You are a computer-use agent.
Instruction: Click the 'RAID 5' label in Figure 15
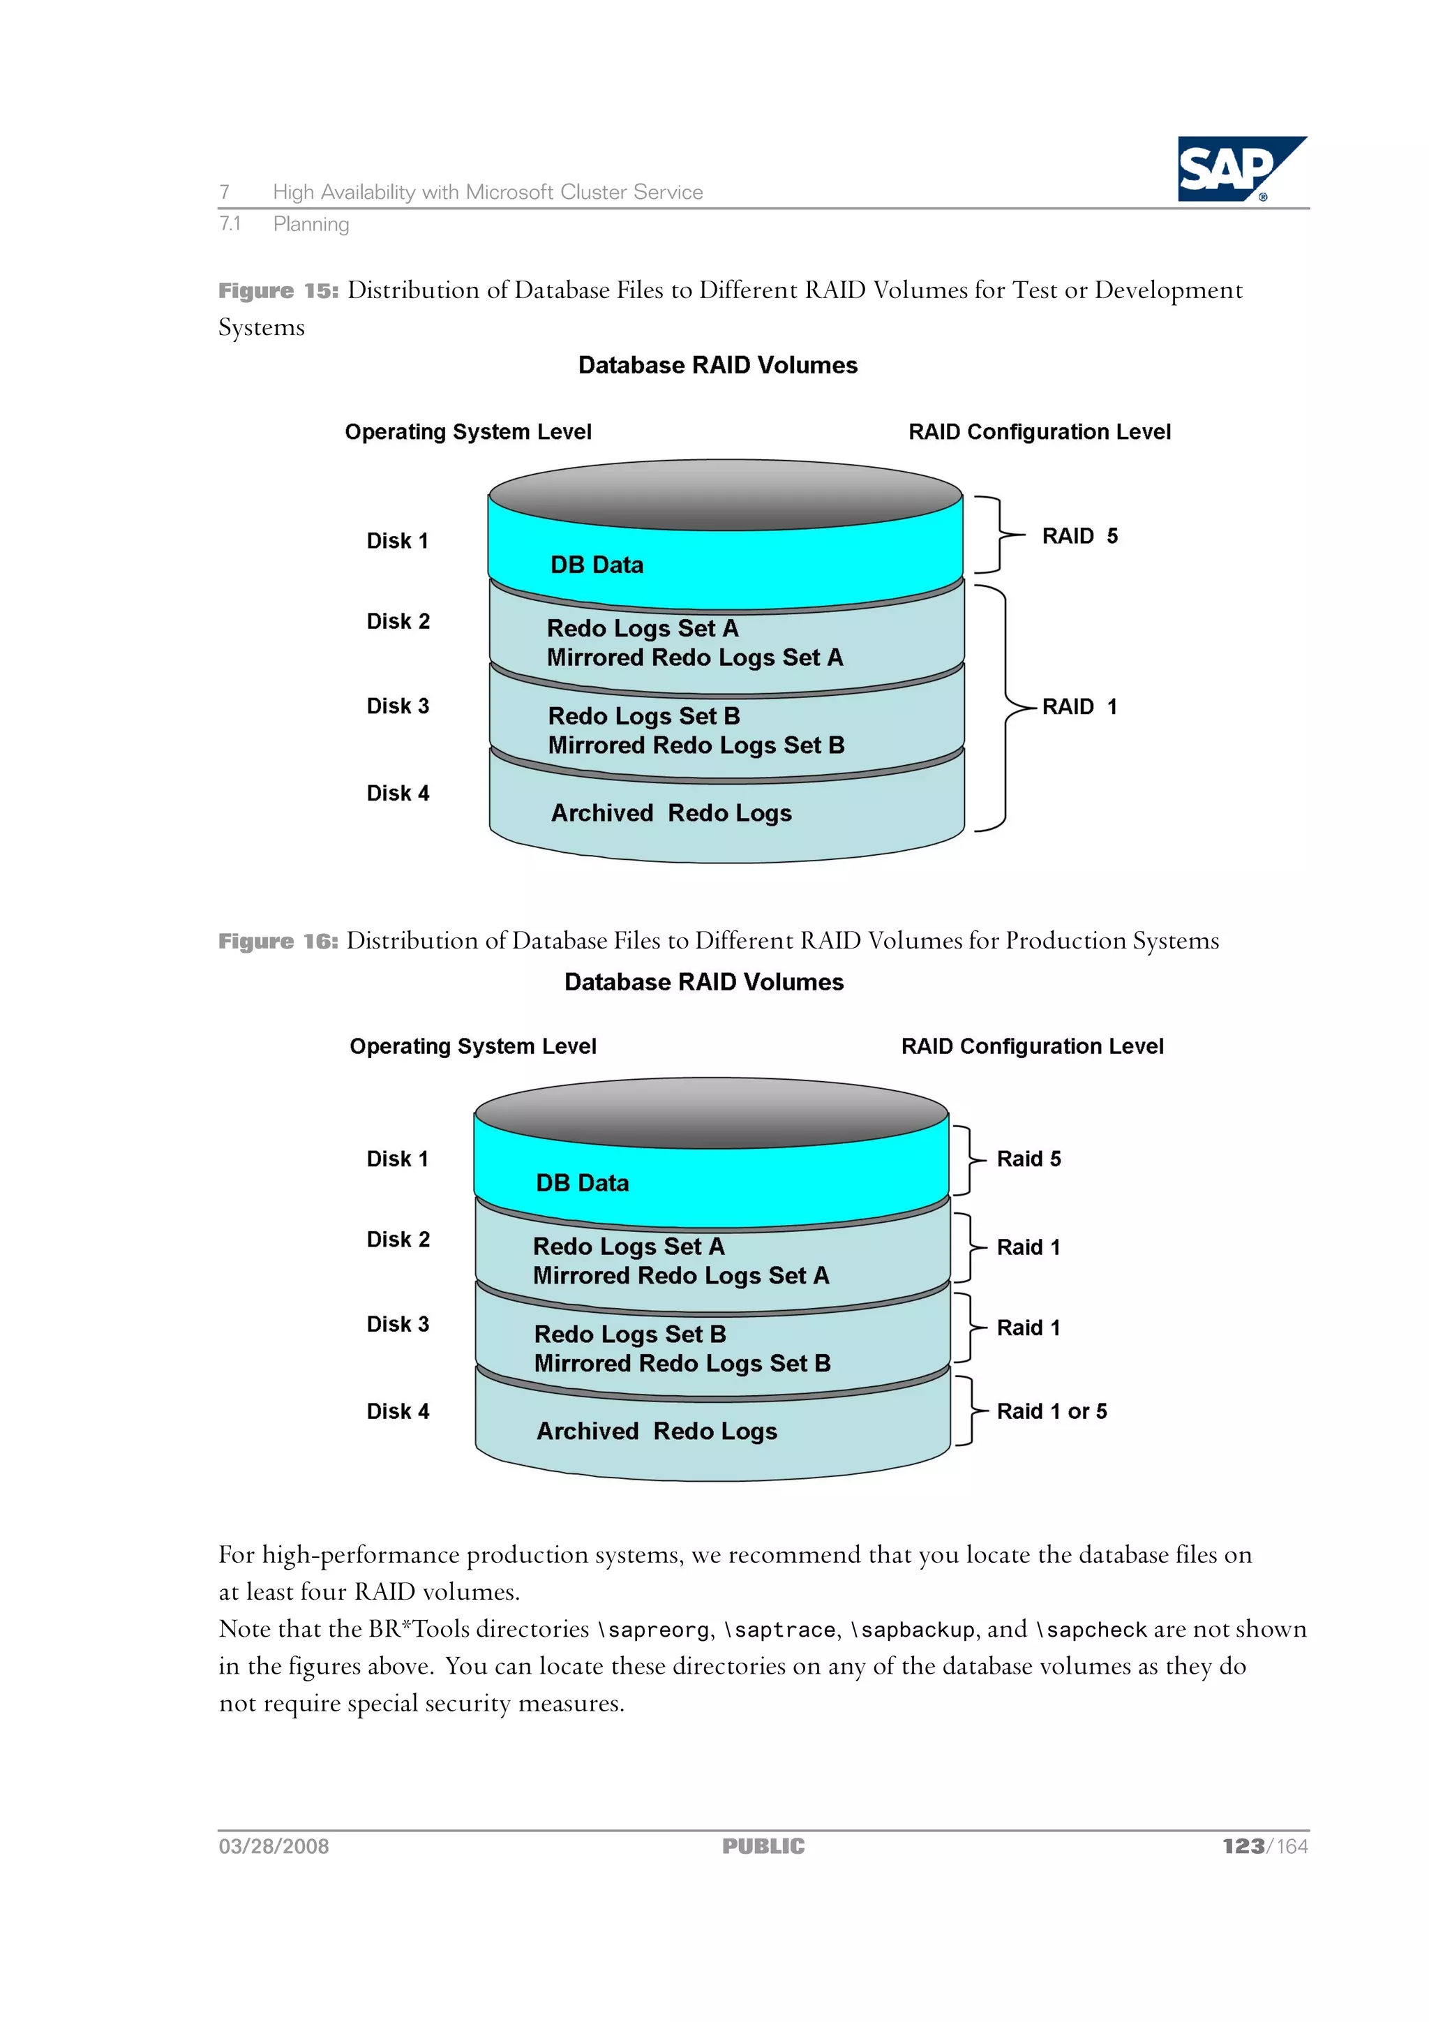click(1079, 535)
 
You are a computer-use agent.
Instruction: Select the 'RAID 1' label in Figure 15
click(1079, 706)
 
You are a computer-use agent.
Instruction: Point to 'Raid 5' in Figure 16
click(1028, 1158)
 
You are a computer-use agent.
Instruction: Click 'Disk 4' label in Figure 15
click(398, 793)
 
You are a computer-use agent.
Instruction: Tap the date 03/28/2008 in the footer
click(274, 1846)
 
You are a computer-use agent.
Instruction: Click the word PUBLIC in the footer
click(763, 1846)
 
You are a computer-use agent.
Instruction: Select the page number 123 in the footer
click(1242, 1846)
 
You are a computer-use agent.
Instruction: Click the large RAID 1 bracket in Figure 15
click(1004, 707)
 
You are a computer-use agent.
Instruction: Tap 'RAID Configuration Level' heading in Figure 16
click(1032, 1046)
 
